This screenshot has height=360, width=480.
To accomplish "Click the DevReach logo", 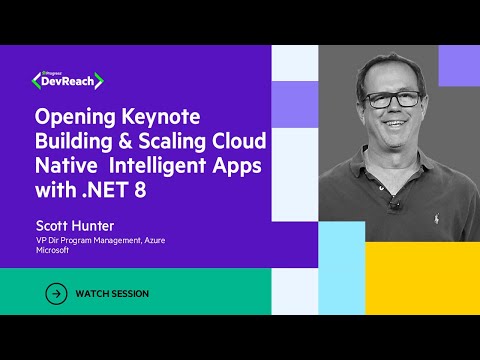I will coord(74,78).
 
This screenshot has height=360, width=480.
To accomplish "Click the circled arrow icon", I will coord(57,294).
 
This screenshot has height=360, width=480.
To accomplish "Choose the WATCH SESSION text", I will coord(113,294).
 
